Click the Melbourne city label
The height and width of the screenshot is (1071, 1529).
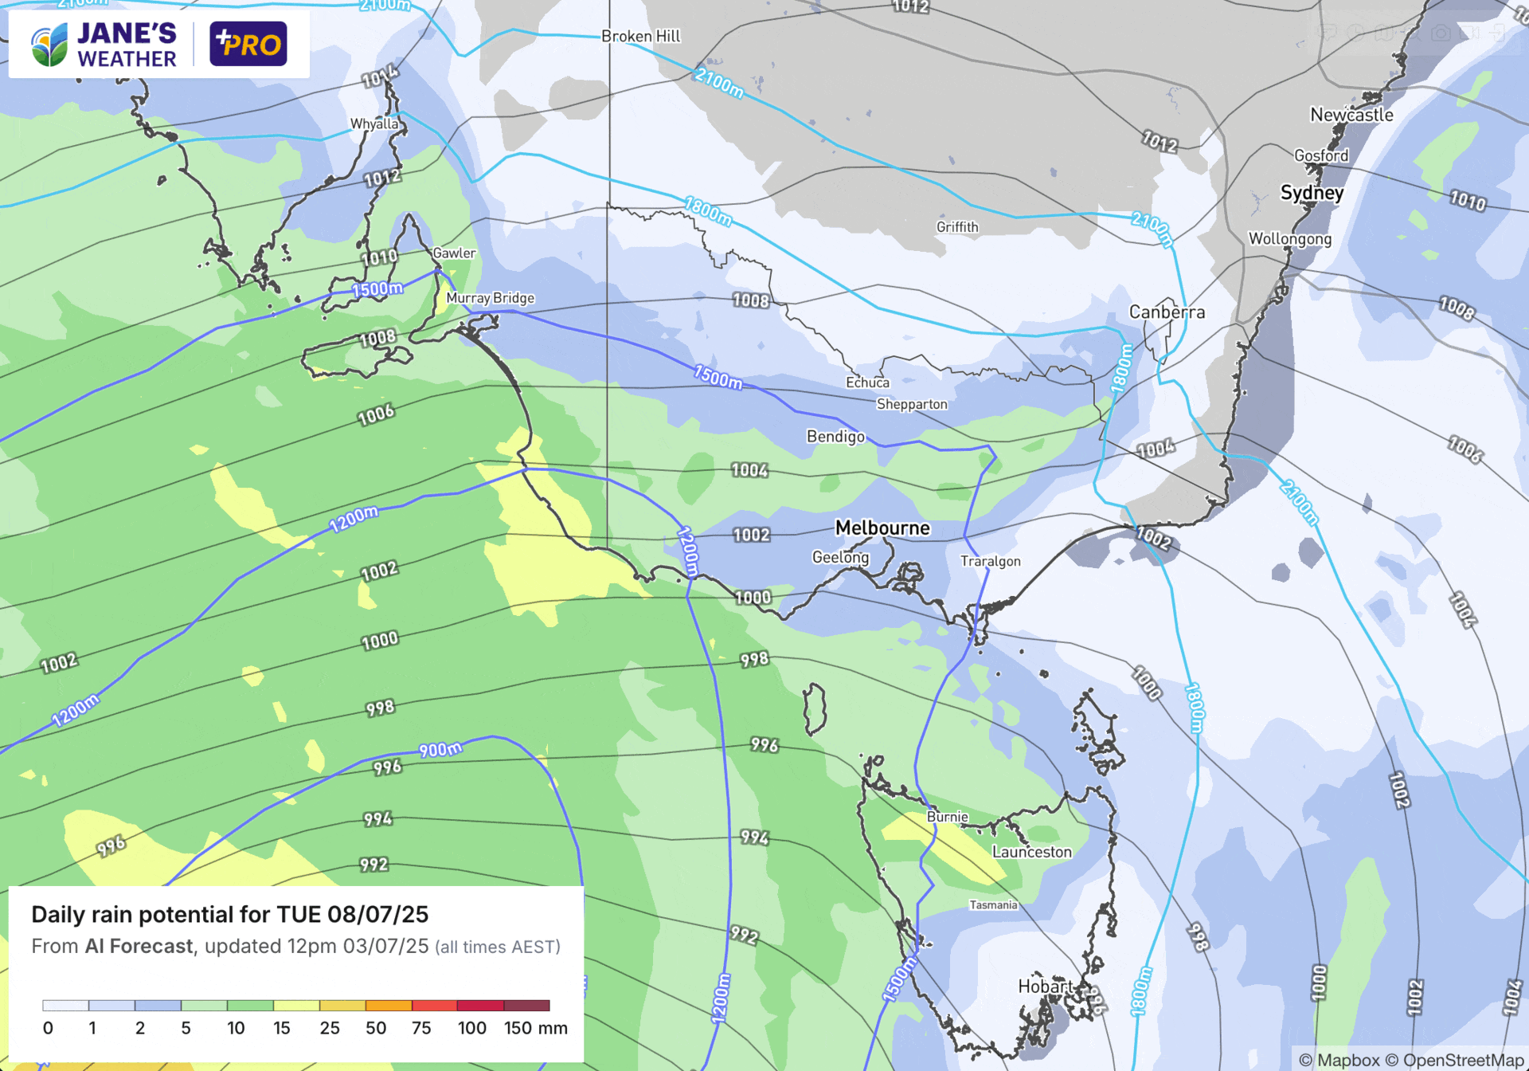(x=882, y=528)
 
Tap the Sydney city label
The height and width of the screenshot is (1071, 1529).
(x=1312, y=193)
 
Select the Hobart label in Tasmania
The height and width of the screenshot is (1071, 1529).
(x=1045, y=987)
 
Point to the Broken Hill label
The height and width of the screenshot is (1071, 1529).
(x=640, y=36)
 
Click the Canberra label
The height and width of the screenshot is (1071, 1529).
(x=1167, y=312)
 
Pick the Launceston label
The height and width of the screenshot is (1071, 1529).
(x=1031, y=852)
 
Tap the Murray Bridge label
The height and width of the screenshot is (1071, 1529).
(x=490, y=298)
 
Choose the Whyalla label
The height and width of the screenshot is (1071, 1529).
(x=374, y=124)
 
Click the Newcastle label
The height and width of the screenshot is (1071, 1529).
(x=1351, y=115)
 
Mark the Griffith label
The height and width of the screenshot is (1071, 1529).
(x=957, y=227)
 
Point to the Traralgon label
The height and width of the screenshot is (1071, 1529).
(x=990, y=561)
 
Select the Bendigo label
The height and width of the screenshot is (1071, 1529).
(x=835, y=437)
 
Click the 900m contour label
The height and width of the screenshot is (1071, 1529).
(x=440, y=750)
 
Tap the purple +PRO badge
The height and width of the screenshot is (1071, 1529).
(x=248, y=44)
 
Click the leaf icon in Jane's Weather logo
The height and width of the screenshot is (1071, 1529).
(x=49, y=45)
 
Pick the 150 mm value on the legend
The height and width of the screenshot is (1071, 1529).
(x=535, y=1028)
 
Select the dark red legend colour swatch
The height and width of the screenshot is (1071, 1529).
(x=526, y=1006)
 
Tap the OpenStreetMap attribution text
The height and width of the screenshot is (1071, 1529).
(x=1462, y=1060)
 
